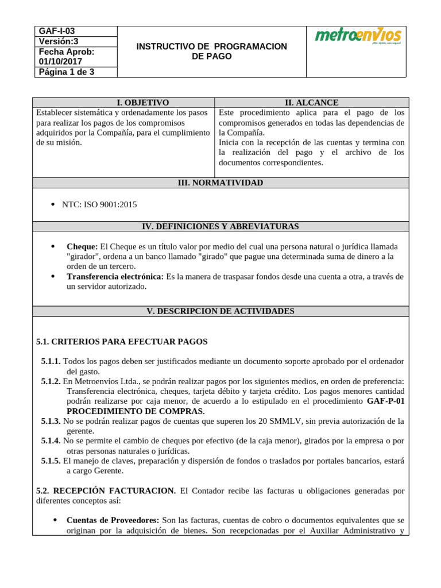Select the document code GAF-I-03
(56, 31)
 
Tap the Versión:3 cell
(57, 41)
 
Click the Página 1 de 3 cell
(66, 72)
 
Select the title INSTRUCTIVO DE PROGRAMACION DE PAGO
(211, 51)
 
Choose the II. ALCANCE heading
(312, 102)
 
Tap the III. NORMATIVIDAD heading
(220, 183)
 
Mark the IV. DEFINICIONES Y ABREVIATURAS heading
(220, 226)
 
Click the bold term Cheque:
(82, 246)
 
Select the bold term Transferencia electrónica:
(115, 276)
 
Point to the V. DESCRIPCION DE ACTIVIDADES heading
(220, 311)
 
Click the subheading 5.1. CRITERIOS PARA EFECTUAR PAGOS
(122, 341)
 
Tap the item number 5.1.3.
(51, 421)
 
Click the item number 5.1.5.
(51, 461)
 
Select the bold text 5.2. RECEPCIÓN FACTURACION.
(106, 490)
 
